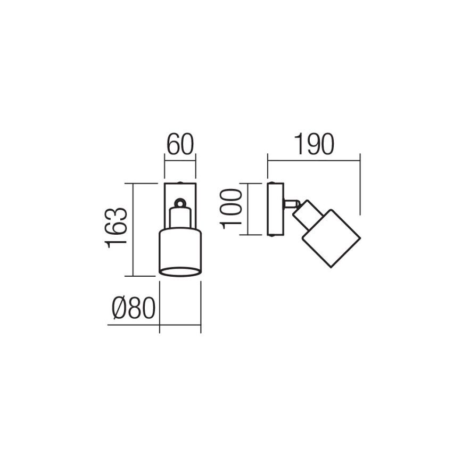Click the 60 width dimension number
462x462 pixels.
click(x=179, y=145)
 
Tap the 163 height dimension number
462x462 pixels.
click(x=117, y=228)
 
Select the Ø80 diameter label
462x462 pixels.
click(x=133, y=308)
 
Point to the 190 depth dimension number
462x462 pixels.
click(x=314, y=145)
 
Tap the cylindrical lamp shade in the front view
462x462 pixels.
click(x=180, y=250)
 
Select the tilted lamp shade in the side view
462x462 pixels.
click(x=330, y=238)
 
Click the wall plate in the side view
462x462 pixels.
click(x=275, y=209)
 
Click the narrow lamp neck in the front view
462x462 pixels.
click(x=180, y=218)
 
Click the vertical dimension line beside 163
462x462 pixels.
click(x=133, y=229)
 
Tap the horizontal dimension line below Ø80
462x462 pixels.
click(x=154, y=325)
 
